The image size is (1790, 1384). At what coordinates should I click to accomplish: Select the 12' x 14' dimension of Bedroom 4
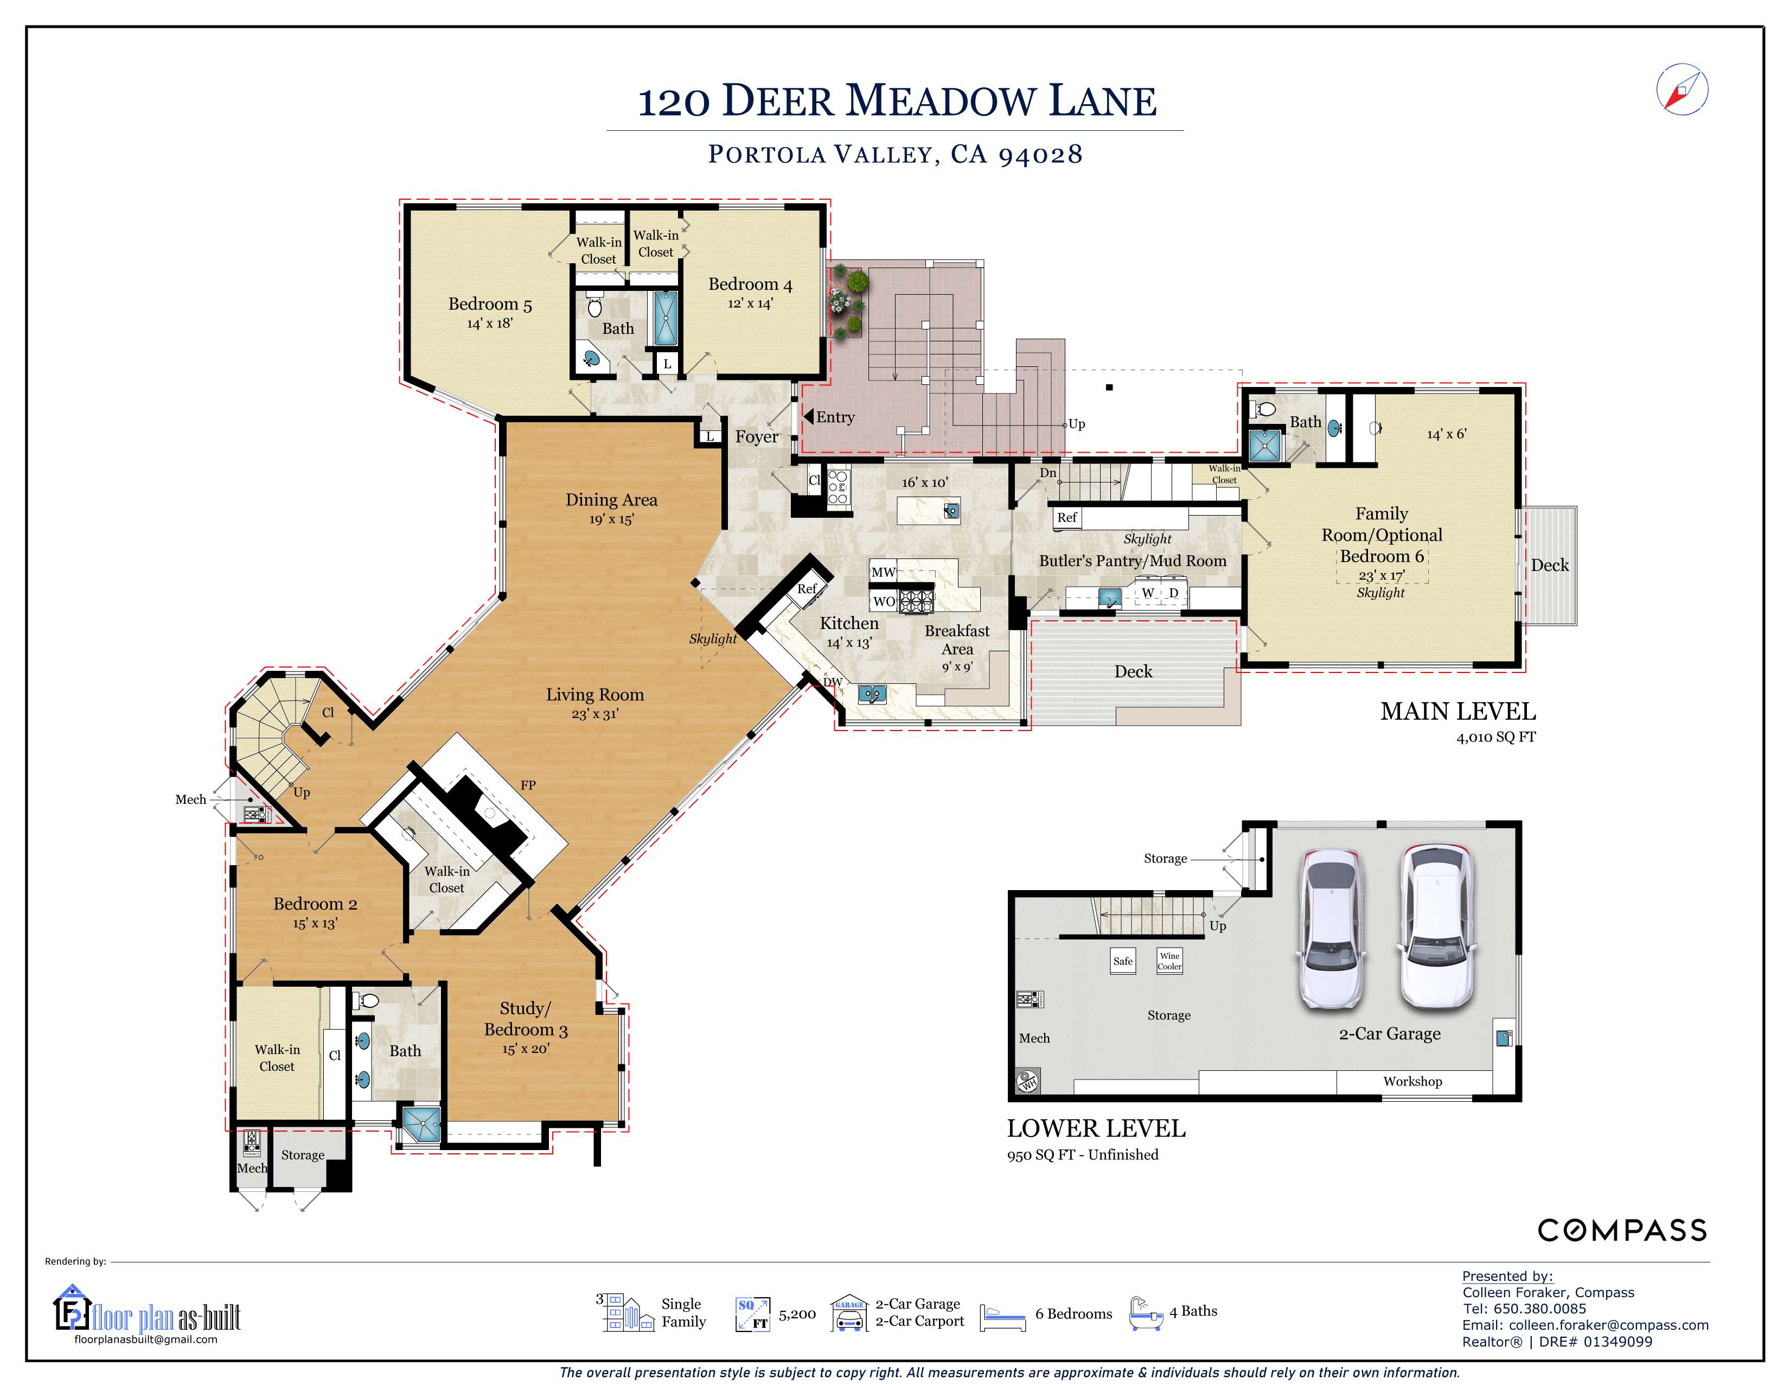(x=750, y=304)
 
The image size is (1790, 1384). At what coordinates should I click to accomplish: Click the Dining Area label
(x=611, y=500)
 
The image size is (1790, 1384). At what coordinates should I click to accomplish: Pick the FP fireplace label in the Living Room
(x=528, y=785)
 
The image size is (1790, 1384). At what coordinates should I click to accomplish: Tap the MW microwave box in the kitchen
(x=883, y=572)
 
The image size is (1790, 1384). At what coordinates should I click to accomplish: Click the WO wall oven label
(x=884, y=601)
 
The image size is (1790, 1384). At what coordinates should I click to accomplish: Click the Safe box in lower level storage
(x=1123, y=961)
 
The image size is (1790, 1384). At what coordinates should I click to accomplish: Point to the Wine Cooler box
(x=1169, y=961)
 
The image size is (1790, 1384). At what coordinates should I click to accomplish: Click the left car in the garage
(x=1332, y=928)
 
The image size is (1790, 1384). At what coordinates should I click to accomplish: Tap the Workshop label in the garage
(x=1412, y=1082)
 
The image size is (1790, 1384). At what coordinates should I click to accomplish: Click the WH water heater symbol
(x=1028, y=1082)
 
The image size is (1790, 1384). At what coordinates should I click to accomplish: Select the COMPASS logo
(x=1621, y=1231)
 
